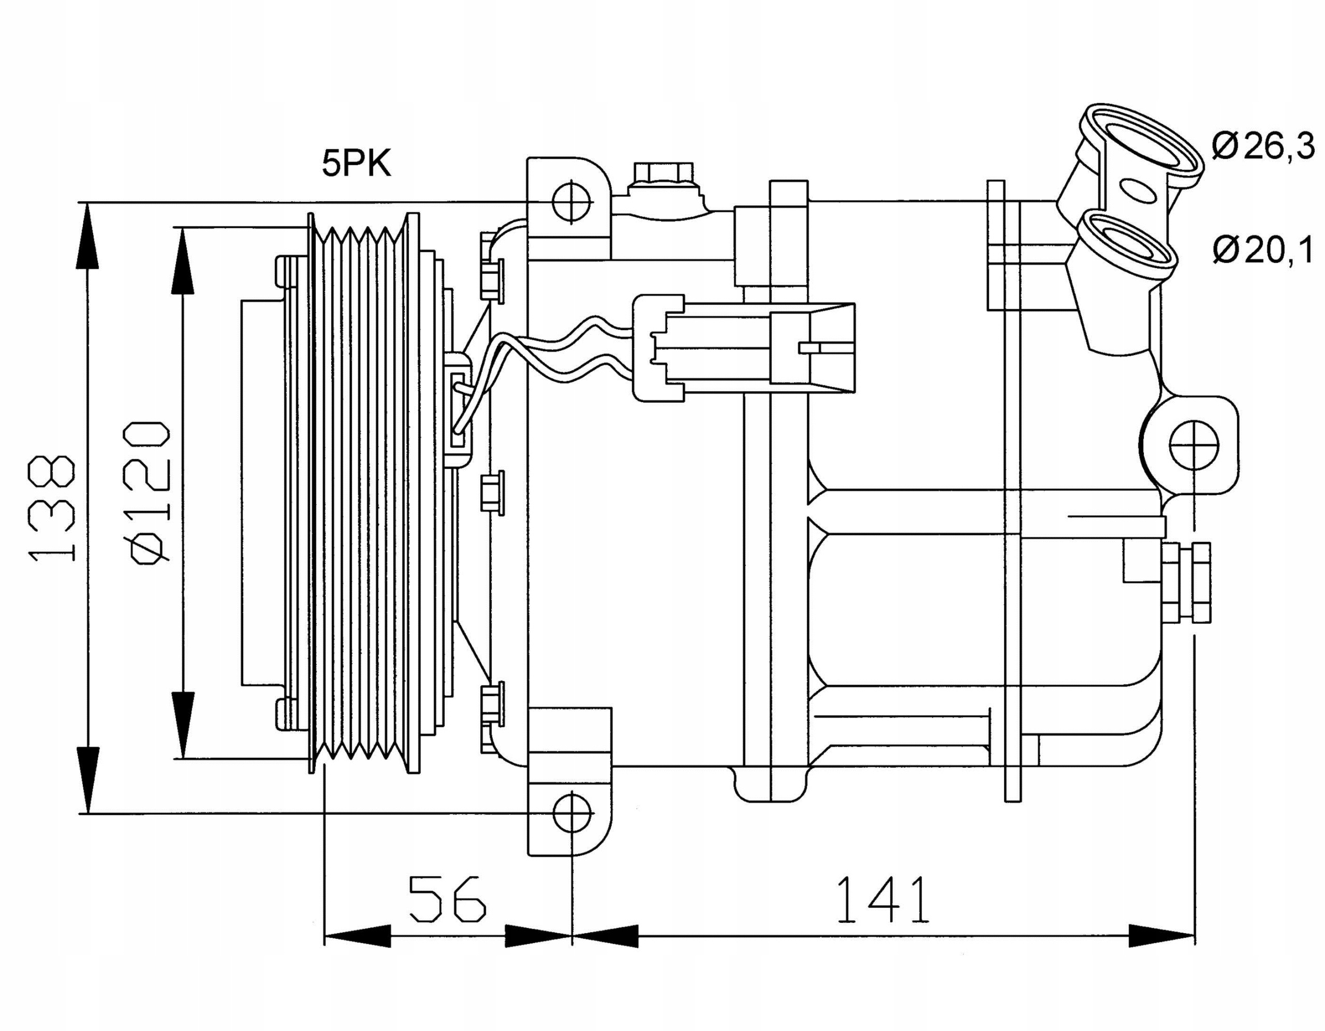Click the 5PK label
[357, 164]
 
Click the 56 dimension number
[448, 899]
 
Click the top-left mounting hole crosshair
[571, 201]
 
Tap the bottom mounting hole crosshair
[571, 814]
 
